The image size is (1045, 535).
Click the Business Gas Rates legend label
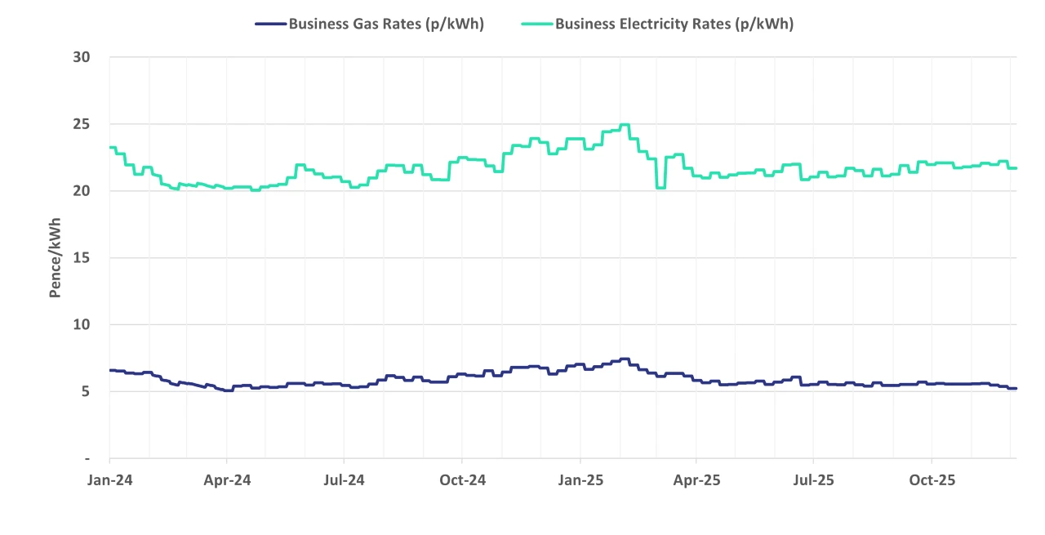coord(386,24)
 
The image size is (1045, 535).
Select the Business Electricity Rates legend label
coord(674,24)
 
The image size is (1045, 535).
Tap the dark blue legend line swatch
coord(270,24)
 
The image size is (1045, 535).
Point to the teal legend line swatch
coord(537,24)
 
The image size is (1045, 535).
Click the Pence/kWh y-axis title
coord(56,258)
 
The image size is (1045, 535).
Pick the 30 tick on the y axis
coord(81,57)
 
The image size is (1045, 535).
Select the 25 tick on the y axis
coord(81,124)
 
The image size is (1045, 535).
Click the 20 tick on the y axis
coord(81,191)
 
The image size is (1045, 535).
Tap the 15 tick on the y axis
coord(81,258)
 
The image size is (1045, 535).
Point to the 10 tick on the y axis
coord(81,325)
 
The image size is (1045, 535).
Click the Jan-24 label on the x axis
coord(109,480)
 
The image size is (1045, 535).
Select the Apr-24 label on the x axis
coord(227,480)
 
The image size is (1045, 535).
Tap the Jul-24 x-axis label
coord(344,480)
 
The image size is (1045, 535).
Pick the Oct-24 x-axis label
coord(462,480)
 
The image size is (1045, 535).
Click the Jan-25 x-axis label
coord(580,480)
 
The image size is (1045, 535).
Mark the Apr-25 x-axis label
coord(696,480)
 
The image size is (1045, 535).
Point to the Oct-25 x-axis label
coord(932,480)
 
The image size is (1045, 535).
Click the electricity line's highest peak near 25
coord(625,125)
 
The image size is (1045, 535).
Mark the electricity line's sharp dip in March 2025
coord(660,187)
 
